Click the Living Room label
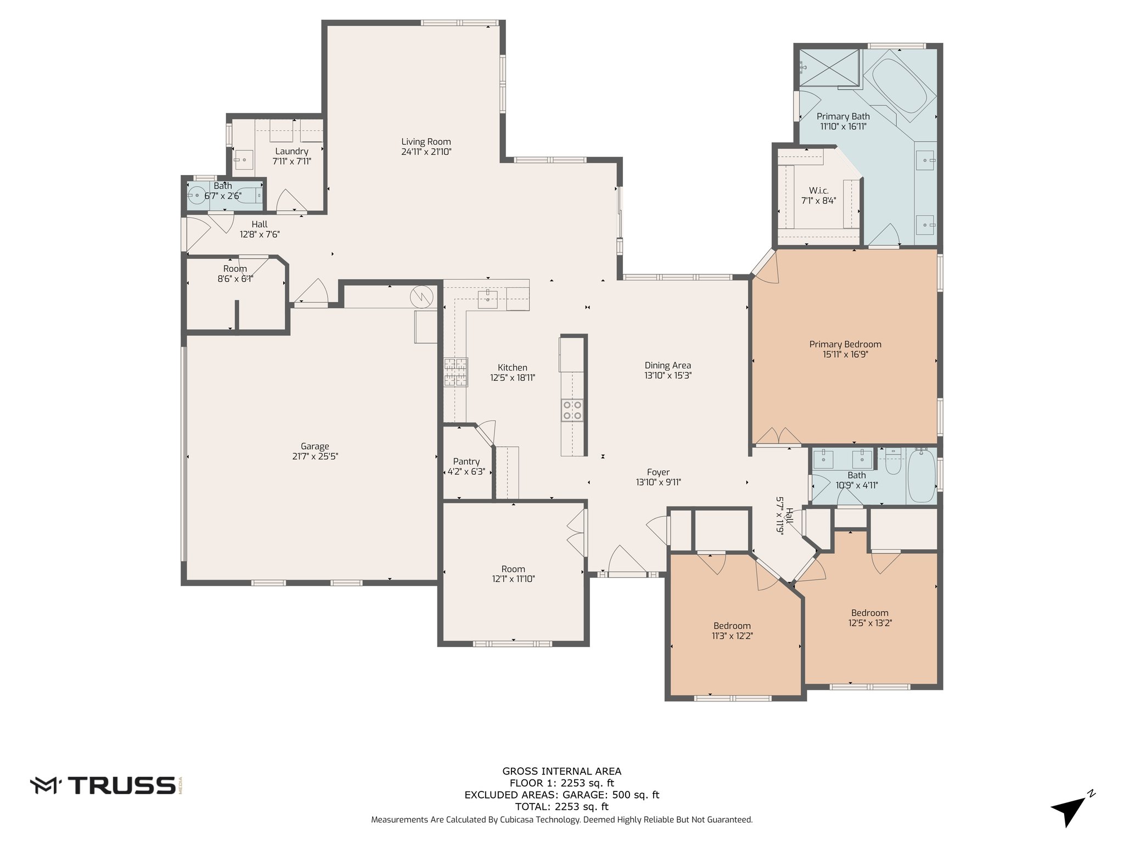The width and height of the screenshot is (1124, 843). click(x=426, y=142)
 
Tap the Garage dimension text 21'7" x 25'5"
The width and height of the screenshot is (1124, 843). click(x=314, y=457)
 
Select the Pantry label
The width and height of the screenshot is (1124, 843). click(x=467, y=462)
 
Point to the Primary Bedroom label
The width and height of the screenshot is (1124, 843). click(x=845, y=344)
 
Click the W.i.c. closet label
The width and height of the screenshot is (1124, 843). click(x=818, y=190)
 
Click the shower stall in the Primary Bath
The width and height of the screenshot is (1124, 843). click(x=828, y=68)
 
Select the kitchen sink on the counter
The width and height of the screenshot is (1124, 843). click(x=487, y=300)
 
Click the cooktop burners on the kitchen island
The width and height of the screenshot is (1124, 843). click(x=572, y=410)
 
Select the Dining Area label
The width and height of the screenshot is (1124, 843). click(x=667, y=365)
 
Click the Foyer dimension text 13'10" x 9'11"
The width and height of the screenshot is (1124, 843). click(x=658, y=482)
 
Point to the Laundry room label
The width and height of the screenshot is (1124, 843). click(x=291, y=151)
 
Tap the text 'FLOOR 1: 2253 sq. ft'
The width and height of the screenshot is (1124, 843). click(x=562, y=783)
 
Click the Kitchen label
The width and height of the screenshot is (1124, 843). click(x=513, y=368)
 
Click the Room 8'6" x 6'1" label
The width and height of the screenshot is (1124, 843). click(x=235, y=269)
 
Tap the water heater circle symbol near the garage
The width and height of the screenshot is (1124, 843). click(x=421, y=297)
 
